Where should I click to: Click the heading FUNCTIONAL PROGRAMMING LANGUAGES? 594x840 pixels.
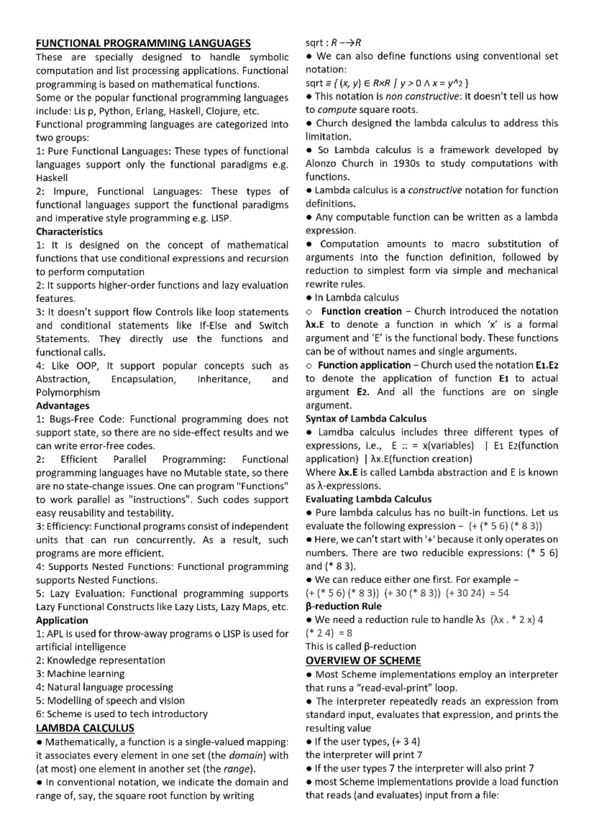143,44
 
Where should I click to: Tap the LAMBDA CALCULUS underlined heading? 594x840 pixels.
85,728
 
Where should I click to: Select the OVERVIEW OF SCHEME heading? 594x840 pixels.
363,660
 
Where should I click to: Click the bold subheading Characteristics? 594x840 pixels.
69,232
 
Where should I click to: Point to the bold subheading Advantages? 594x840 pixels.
62,406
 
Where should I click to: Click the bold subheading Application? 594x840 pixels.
62,620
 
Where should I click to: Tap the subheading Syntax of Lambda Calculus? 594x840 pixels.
366,419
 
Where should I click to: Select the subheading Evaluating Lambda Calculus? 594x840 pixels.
368,499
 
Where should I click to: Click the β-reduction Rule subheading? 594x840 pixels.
344,607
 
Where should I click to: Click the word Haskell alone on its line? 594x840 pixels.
51,178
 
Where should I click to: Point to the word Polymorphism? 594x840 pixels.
68,392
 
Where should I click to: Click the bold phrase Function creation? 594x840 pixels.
361,311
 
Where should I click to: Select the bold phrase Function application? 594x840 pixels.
364,365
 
